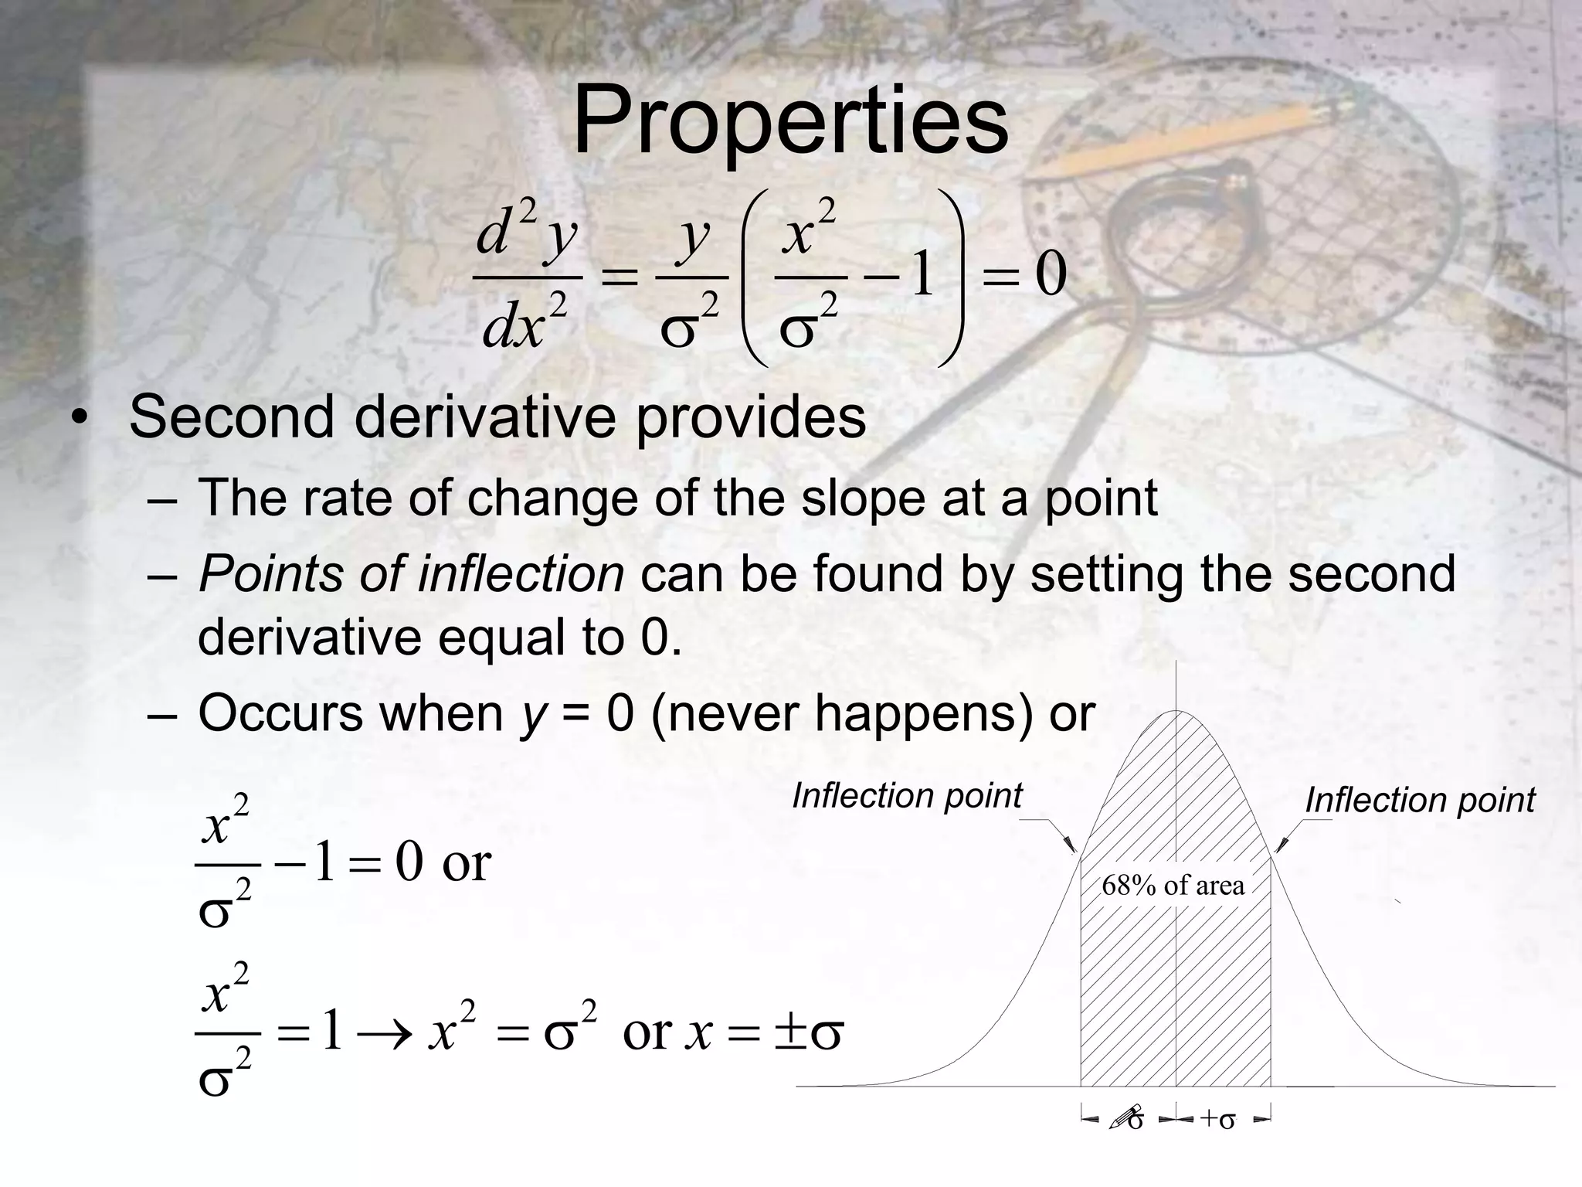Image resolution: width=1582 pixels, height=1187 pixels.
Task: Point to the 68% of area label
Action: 1173,885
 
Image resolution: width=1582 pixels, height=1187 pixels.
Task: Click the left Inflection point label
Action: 907,796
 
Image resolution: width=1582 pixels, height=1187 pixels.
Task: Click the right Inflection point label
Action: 1419,801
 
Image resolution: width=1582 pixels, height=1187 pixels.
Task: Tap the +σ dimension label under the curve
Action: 1217,1119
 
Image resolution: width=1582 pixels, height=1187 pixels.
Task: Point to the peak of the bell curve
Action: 1176,712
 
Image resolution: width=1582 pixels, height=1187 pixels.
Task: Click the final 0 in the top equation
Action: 1051,276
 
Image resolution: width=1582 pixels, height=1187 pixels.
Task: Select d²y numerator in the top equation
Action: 526,232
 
